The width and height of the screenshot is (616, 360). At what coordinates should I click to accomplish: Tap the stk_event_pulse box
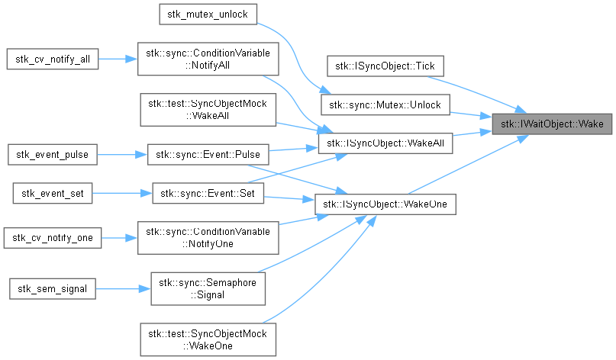[x=53, y=154]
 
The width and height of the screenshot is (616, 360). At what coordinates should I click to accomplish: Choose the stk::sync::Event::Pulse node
[x=208, y=154]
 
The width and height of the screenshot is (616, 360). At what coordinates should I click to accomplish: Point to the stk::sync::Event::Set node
[x=208, y=194]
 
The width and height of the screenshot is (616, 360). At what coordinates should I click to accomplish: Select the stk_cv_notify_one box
[x=53, y=238]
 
